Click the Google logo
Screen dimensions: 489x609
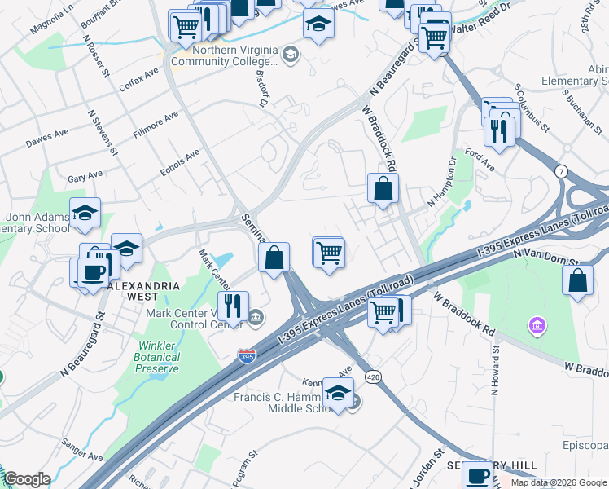[x=27, y=479]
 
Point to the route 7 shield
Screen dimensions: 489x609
[x=561, y=170]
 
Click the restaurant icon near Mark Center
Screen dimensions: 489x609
[x=233, y=306]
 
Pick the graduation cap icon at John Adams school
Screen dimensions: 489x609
[x=85, y=213]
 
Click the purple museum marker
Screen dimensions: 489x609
[x=536, y=327]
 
